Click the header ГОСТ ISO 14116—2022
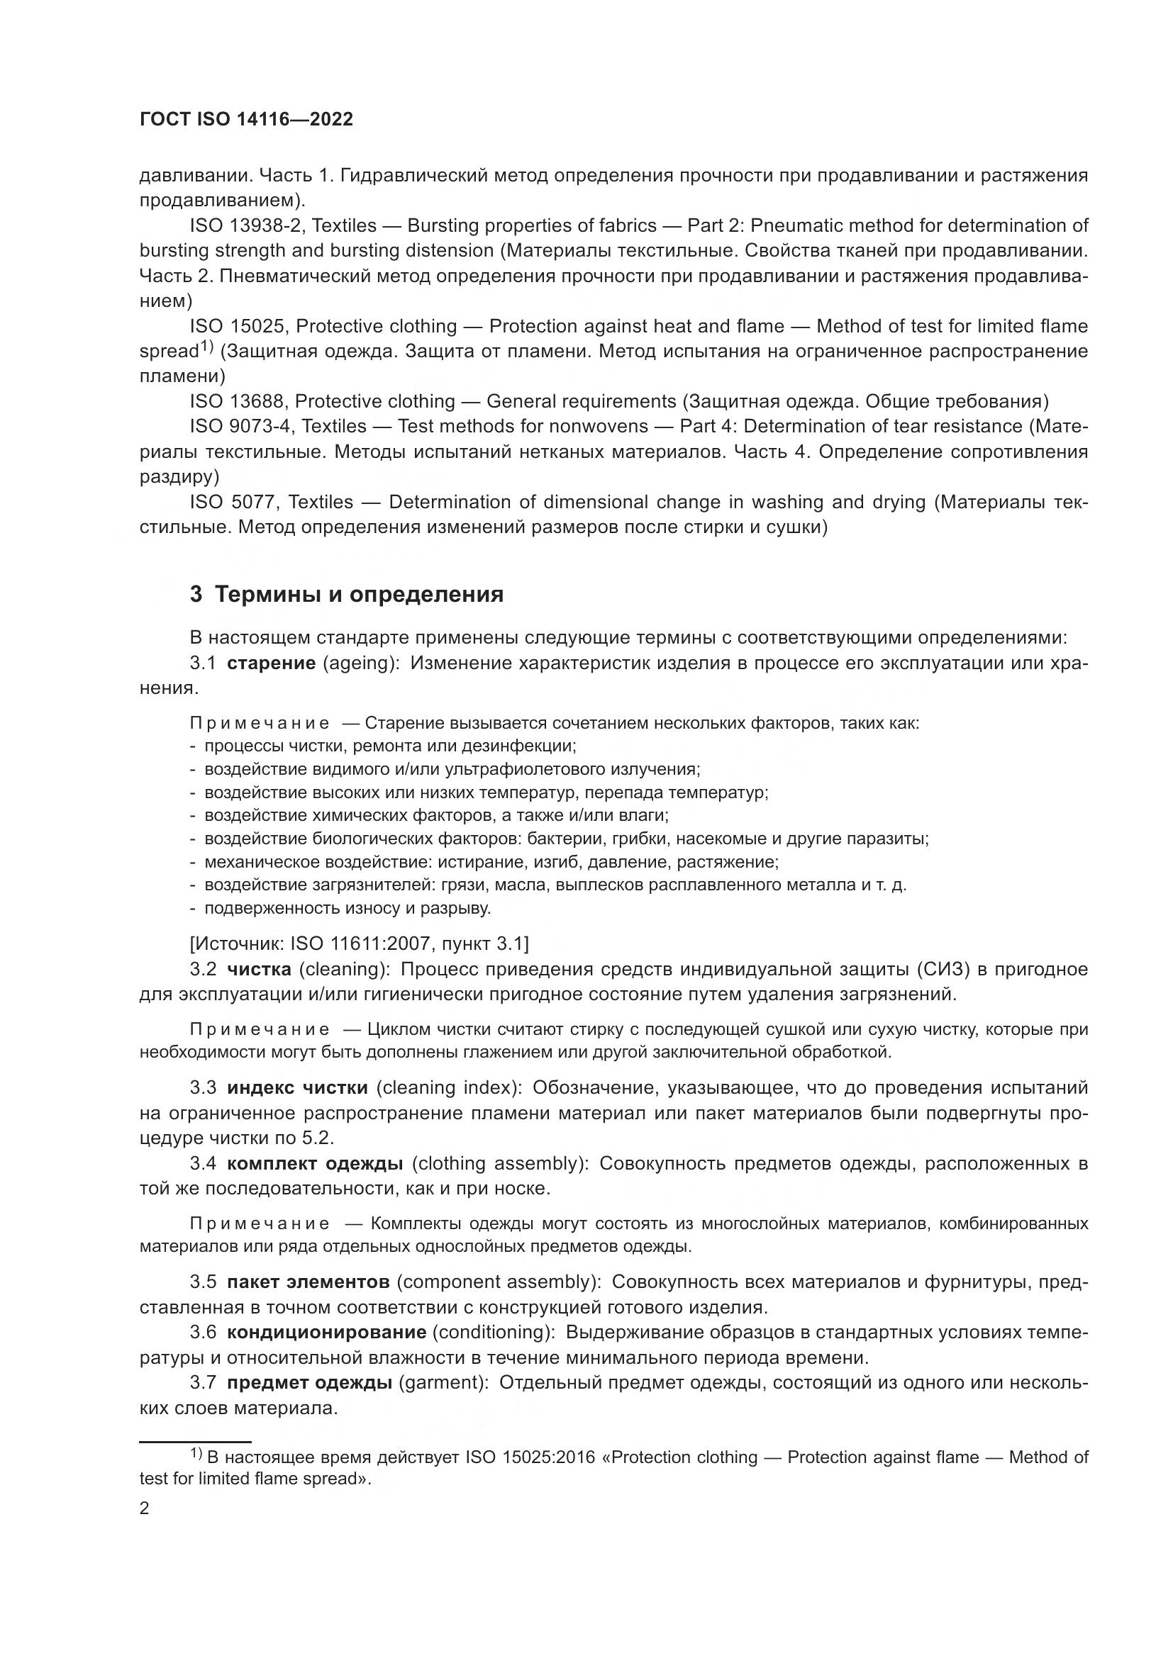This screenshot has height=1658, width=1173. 246,120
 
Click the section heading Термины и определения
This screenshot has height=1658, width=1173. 347,595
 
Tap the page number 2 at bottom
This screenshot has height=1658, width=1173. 145,1508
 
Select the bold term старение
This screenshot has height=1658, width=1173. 271,663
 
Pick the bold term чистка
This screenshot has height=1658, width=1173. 259,969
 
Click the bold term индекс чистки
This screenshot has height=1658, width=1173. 298,1088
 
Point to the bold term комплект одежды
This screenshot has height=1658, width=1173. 315,1163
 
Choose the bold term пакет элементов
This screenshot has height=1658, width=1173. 308,1282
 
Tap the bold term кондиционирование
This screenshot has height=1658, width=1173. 326,1332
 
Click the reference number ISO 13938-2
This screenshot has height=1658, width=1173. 242,226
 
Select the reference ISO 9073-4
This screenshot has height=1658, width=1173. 240,427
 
